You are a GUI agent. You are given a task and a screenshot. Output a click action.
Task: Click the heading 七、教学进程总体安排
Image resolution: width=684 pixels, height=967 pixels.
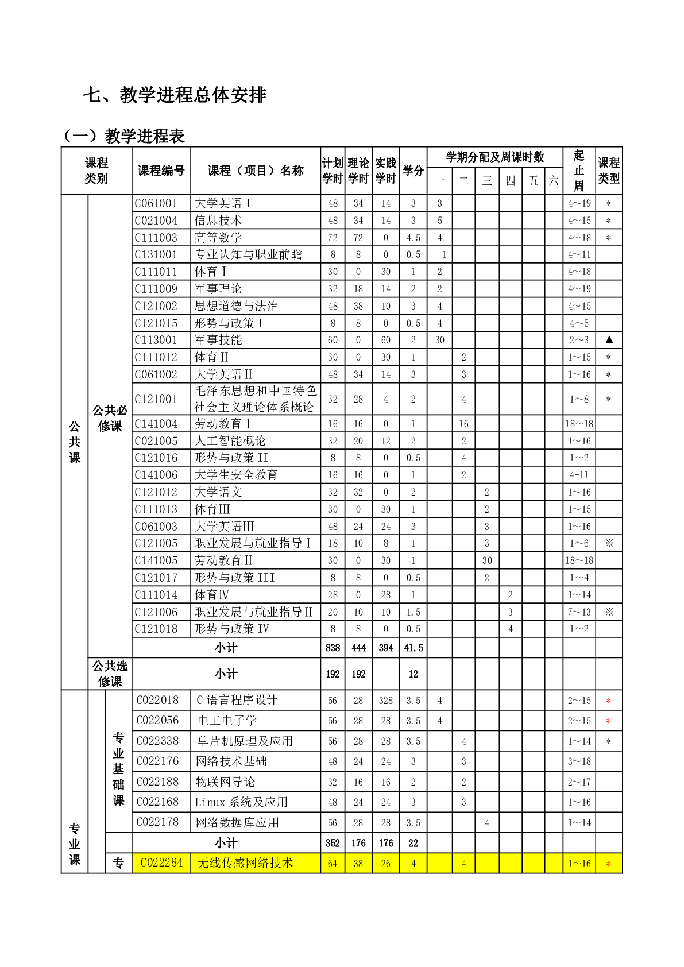coord(175,95)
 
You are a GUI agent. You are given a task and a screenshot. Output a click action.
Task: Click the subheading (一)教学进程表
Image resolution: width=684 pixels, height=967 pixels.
coord(124,136)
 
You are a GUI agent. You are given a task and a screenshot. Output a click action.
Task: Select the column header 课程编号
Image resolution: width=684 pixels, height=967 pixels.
coord(161,171)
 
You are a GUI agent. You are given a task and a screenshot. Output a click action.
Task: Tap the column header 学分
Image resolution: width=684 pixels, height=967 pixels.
coord(413,171)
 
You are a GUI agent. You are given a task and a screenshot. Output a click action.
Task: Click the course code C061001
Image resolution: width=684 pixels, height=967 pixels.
coord(156,203)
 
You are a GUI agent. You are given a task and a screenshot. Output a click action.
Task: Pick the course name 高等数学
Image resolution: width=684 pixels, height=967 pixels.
coord(218,238)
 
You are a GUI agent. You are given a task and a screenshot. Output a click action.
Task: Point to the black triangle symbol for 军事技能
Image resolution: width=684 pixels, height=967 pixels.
coord(609,340)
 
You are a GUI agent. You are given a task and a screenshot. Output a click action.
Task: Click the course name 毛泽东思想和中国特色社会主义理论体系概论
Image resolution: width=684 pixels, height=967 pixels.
coord(255,399)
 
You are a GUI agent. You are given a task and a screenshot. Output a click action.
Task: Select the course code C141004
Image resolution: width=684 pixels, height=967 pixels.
coord(156,424)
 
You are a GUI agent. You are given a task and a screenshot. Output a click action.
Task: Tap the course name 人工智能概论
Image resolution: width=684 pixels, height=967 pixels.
coord(230,441)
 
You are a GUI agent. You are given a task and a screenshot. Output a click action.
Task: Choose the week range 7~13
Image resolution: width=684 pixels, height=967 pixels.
coord(579,612)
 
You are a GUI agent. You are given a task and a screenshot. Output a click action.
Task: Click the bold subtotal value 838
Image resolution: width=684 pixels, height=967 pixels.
coord(333,648)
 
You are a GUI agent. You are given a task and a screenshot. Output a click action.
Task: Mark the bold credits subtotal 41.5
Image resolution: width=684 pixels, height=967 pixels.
coord(413,648)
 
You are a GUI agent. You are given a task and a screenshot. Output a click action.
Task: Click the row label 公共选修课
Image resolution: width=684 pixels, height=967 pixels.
coord(110,674)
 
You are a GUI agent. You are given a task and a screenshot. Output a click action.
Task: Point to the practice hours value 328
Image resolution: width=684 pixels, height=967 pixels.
coord(385,701)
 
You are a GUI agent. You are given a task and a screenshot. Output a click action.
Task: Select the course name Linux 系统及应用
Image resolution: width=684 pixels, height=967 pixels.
coord(241,802)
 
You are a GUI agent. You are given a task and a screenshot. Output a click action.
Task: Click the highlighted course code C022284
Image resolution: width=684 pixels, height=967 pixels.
coord(161,863)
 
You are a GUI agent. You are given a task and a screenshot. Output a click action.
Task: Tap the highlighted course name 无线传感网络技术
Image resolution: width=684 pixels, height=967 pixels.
coord(245,863)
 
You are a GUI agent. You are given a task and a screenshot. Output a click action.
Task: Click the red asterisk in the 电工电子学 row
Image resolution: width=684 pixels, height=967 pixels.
coord(609,721)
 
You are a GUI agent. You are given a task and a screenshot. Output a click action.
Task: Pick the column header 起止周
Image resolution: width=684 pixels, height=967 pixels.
coord(579,171)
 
